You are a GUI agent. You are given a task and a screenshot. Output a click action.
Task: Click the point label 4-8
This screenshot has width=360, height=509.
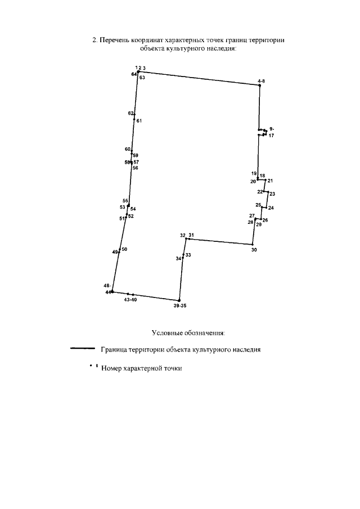pos(261,82)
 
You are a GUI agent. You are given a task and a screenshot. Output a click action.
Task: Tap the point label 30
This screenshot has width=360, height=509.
pos(254,249)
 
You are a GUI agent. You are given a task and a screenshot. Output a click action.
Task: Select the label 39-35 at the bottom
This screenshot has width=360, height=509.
pos(180,306)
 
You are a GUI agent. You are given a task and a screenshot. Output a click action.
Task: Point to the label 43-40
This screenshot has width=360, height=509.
pos(130,300)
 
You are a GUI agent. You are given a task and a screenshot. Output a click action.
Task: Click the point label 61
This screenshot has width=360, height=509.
pos(139,121)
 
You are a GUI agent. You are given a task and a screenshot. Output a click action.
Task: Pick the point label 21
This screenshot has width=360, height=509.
pos(270,181)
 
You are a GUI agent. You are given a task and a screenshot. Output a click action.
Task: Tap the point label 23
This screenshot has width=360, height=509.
pos(272,194)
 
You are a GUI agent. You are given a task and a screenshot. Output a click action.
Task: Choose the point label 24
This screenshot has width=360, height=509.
pos(271,208)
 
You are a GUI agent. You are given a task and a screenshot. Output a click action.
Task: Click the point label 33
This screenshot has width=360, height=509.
pos(188,255)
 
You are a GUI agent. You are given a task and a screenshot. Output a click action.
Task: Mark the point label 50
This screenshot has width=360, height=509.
pos(124,249)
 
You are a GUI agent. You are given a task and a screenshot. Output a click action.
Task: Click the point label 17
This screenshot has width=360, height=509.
pos(271,136)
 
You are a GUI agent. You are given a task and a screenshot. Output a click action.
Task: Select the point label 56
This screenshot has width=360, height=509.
pos(135,168)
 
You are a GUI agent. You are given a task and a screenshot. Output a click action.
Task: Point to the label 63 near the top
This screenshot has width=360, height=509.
pos(142,78)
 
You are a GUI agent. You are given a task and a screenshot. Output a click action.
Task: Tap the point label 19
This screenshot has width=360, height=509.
pos(254,173)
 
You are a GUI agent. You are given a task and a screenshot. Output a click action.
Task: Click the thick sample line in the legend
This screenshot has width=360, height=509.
pos(82,349)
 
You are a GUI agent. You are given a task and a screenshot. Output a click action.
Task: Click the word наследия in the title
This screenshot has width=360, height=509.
pos(220,48)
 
